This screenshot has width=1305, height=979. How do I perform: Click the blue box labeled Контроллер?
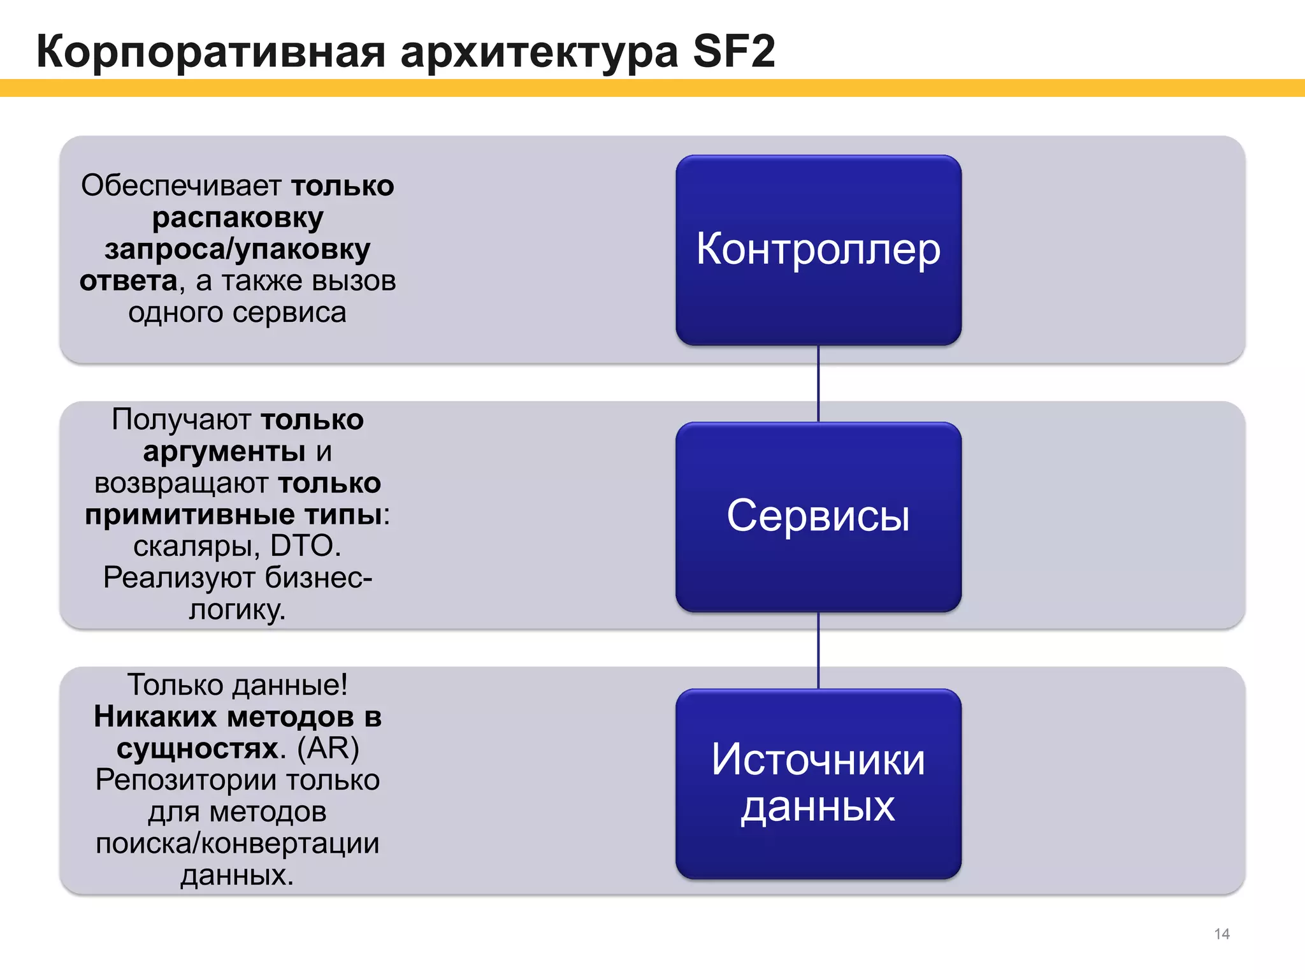click(x=818, y=250)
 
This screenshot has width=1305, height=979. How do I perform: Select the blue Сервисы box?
click(x=818, y=516)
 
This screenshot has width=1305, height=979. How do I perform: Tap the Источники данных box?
click(x=818, y=783)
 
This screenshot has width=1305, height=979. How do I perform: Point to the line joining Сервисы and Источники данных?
click(x=818, y=651)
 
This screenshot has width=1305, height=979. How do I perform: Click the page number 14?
click(x=1222, y=934)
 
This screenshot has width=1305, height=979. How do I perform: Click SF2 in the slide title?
click(x=733, y=51)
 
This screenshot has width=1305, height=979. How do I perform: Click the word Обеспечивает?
click(x=181, y=186)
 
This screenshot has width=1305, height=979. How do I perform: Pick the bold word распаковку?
click(x=238, y=218)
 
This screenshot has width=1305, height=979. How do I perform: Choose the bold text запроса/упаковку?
click(x=238, y=249)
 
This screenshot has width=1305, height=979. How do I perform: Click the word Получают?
click(x=181, y=420)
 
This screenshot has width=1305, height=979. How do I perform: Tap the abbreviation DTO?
click(x=302, y=546)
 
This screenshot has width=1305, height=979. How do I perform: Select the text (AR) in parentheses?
click(x=328, y=748)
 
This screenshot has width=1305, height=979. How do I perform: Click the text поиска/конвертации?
click(x=238, y=843)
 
